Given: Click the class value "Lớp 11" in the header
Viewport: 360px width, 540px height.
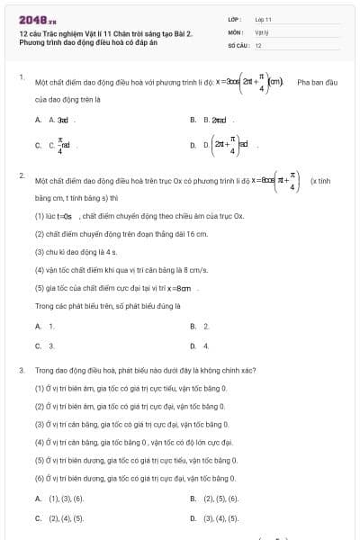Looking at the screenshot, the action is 263,18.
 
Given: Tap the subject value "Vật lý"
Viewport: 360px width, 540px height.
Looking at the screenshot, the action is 262,31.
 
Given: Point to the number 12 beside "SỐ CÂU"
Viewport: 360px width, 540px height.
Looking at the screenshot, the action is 258,44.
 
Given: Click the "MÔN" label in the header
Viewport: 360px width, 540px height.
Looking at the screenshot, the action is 235,31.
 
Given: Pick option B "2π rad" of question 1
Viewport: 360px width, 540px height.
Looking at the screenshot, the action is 215,119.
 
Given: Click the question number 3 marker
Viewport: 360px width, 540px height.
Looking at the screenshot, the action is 21,369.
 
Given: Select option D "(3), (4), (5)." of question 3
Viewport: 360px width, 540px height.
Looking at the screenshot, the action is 221,518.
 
